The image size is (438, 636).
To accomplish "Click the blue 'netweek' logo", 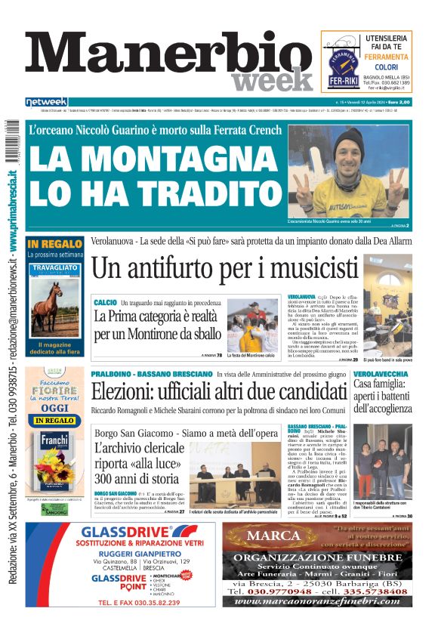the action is [x=46, y=102].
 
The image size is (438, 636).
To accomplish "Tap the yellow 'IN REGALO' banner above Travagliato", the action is [x=54, y=243].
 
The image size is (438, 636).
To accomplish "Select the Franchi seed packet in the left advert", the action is [x=54, y=452].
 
